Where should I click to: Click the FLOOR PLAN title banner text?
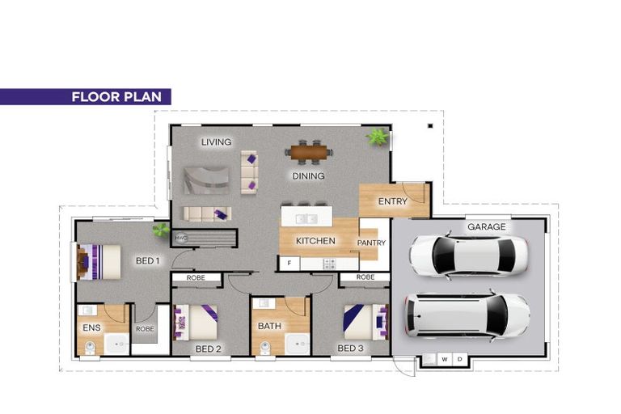pyautogui.click(x=116, y=97)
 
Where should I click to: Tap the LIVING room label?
pyautogui.click(x=216, y=142)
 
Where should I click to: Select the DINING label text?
pyautogui.click(x=309, y=176)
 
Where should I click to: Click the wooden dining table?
pyautogui.click(x=309, y=152)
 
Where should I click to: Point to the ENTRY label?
pyautogui.click(x=392, y=201)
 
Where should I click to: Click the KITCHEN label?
pyautogui.click(x=315, y=241)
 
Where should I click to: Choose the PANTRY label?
pyautogui.click(x=371, y=243)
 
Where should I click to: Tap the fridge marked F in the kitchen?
pyautogui.click(x=289, y=263)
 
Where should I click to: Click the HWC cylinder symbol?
pyautogui.click(x=181, y=238)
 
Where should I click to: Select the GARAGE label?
pyautogui.click(x=487, y=226)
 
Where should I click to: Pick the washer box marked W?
pyautogui.click(x=445, y=359)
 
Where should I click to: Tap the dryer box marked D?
pyautogui.click(x=460, y=359)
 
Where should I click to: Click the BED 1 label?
pyautogui.click(x=148, y=260)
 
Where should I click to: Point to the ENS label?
pyautogui.click(x=91, y=327)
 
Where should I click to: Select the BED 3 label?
pyautogui.click(x=350, y=349)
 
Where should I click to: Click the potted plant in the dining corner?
pyautogui.click(x=378, y=137)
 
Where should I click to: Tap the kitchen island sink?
pyautogui.click(x=307, y=218)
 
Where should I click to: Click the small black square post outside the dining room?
pyautogui.click(x=430, y=126)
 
